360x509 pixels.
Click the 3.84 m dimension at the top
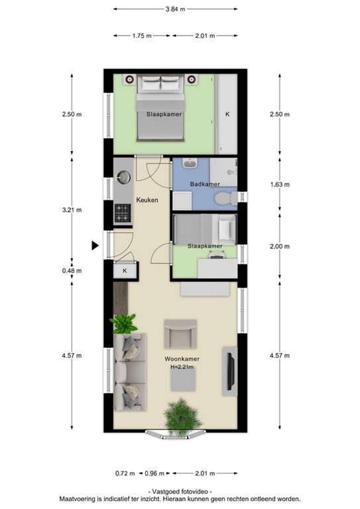pos(176,9)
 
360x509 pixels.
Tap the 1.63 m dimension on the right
pos(280,185)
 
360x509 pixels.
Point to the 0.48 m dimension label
pos(72,270)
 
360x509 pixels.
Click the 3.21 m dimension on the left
pos(72,210)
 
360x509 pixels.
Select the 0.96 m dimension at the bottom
pos(154,473)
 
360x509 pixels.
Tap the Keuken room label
pos(147,199)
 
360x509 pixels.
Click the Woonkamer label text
pos(183,359)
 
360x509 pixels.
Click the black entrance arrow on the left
pos(95,246)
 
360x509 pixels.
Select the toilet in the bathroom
pos(223,197)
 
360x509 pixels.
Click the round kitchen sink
pos(123,177)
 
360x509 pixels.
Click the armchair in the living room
pos(181,333)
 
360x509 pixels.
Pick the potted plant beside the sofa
pos(123,324)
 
